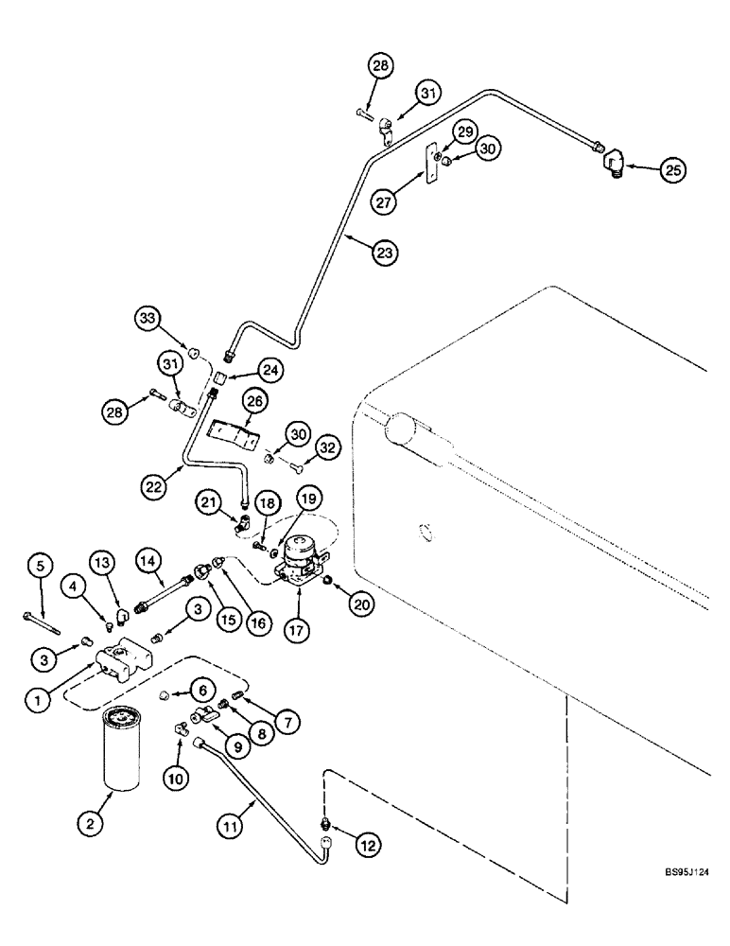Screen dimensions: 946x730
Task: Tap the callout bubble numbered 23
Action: click(384, 252)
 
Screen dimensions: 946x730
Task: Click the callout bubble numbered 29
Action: click(463, 130)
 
